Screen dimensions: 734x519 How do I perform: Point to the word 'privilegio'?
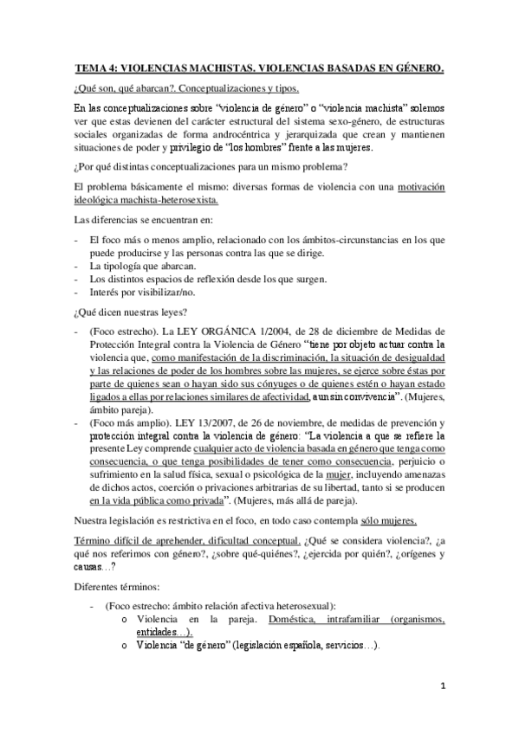click(x=208, y=148)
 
